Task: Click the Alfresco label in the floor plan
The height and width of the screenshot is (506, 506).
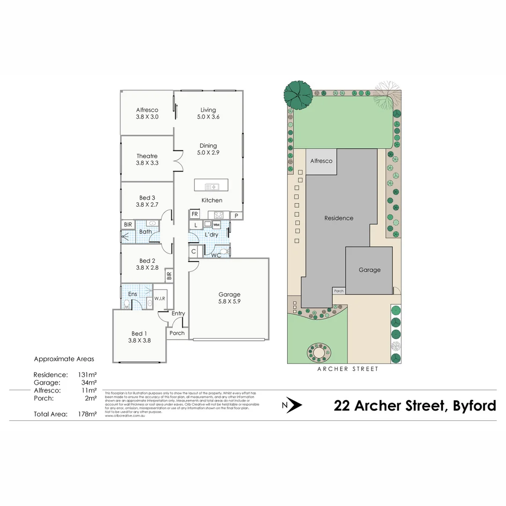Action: pyautogui.click(x=147, y=110)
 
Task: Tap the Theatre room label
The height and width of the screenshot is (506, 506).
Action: pyautogui.click(x=147, y=156)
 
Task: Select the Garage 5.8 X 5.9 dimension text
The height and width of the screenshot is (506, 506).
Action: pyautogui.click(x=229, y=302)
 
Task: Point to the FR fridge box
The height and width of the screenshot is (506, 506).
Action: pyautogui.click(x=194, y=215)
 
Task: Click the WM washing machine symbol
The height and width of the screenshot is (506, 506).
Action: pyautogui.click(x=216, y=225)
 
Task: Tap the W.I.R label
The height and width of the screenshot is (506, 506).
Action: pyautogui.click(x=159, y=298)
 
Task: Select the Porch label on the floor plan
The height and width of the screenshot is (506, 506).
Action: pyautogui.click(x=177, y=333)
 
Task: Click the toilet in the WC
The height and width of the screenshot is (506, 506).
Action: pyautogui.click(x=224, y=252)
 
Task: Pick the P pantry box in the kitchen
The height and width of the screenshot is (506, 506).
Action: pyautogui.click(x=237, y=216)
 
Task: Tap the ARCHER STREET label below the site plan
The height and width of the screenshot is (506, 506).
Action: pyautogui.click(x=347, y=369)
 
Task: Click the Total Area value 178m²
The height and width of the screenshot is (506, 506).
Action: pyautogui.click(x=88, y=414)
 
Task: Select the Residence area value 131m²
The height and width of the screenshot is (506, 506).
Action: pyautogui.click(x=89, y=375)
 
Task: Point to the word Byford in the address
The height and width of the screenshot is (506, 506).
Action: pyautogui.click(x=474, y=405)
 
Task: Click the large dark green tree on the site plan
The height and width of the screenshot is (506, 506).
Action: pyautogui.click(x=298, y=94)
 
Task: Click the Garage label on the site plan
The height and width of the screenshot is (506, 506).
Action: pyautogui.click(x=370, y=270)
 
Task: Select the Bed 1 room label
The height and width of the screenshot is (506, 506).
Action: pyautogui.click(x=139, y=334)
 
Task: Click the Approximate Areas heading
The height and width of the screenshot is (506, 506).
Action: pyautogui.click(x=64, y=359)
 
